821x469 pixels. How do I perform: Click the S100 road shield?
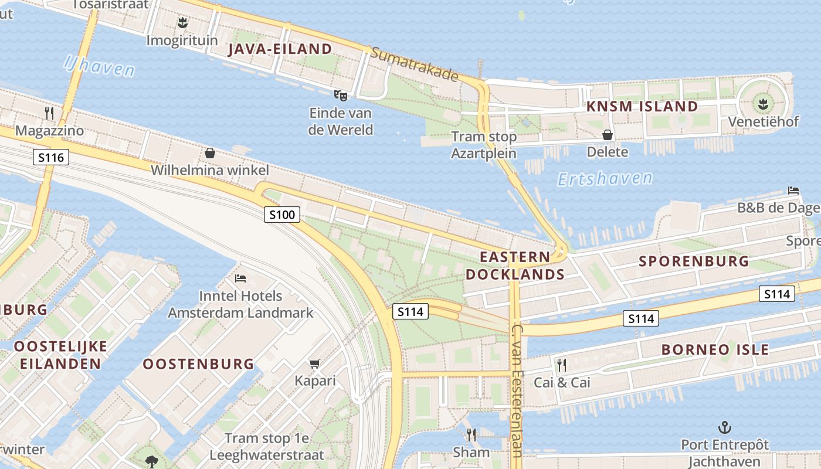pos(281,215)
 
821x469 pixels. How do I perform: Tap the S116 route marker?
pos(51,157)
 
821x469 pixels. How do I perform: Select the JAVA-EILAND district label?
pos(280,49)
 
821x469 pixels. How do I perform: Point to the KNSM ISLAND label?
pos(642,107)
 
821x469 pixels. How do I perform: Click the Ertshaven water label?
pos(605,179)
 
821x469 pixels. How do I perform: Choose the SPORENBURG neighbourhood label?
pos(694,261)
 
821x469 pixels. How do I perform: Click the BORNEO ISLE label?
pos(715,350)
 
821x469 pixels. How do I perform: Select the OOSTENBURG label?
pos(199,364)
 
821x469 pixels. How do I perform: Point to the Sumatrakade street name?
pos(414,64)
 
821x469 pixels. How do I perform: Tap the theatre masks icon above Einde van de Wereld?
pos(340,95)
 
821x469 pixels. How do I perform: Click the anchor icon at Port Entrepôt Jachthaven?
pos(725,427)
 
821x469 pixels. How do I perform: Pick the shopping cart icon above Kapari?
pos(315,364)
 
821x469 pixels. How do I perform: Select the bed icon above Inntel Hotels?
pos(240,278)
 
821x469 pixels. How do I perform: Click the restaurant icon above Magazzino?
pos(49,113)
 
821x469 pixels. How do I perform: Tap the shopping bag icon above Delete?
pos(608,135)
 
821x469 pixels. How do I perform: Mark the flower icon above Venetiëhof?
pos(762,104)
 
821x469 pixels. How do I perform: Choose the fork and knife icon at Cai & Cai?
pos(561,365)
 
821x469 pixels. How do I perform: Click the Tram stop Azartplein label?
pos(484,145)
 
